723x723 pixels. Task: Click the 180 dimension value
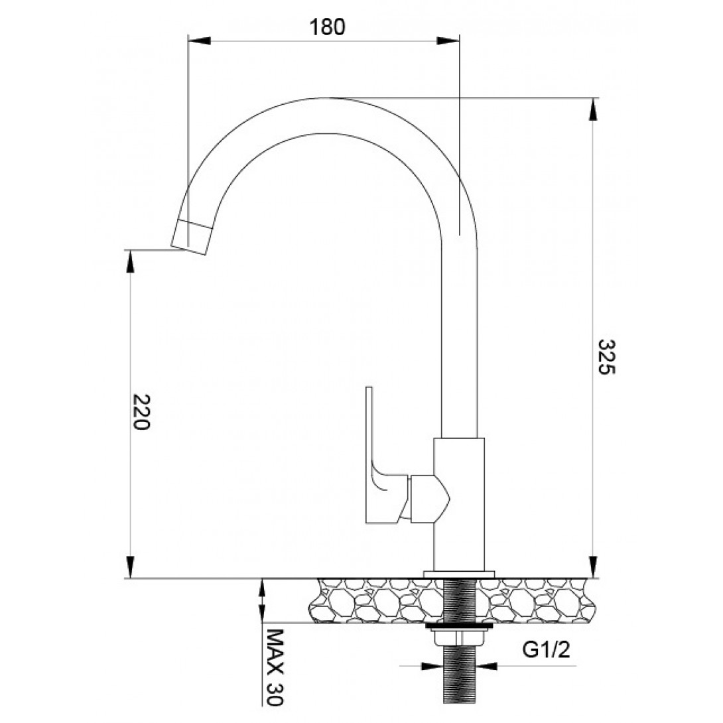[x=327, y=27]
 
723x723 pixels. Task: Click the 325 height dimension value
[x=606, y=358]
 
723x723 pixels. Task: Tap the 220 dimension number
[x=141, y=412]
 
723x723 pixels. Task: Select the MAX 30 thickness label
[x=275, y=667]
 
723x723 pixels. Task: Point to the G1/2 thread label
[x=547, y=650]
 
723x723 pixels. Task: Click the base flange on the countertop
[x=459, y=574]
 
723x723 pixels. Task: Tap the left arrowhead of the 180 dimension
[x=199, y=40]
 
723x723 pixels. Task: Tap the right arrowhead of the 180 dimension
[x=448, y=40]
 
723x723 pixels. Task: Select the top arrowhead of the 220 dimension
[x=131, y=261]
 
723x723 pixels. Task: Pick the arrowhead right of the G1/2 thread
[x=486, y=666]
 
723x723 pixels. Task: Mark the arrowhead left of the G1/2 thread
[x=432, y=666]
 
